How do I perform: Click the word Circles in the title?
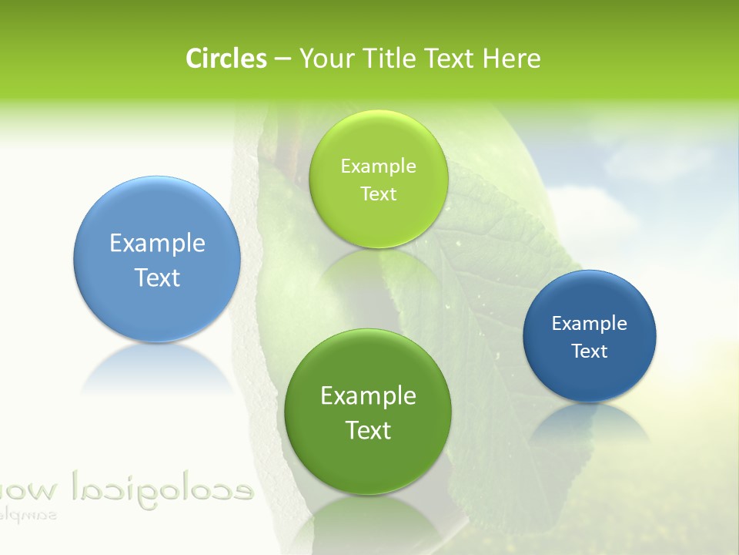226,59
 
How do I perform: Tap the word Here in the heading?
511,59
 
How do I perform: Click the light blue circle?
157,260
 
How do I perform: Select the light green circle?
378,180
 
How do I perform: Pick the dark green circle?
368,412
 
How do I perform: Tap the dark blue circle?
590,336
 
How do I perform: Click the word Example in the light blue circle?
157,244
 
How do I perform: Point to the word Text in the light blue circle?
157,277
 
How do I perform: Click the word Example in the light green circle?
378,166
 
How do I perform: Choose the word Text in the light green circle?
378,194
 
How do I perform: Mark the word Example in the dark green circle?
368,396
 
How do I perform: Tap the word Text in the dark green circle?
368,430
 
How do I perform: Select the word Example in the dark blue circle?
590,324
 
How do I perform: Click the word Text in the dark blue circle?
590,351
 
